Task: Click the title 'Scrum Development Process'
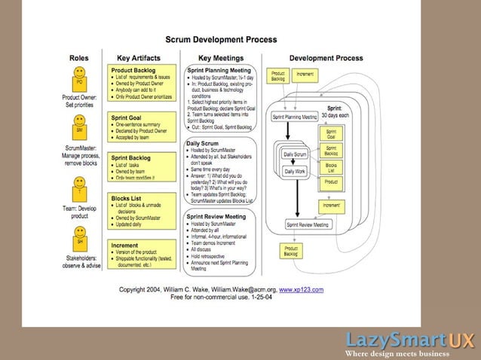tap(220, 39)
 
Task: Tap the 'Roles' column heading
tap(78, 58)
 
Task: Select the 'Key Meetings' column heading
tap(220, 58)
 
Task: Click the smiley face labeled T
tap(78, 182)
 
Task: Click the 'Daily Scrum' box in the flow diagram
tap(295, 154)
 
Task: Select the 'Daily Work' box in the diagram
tap(295, 172)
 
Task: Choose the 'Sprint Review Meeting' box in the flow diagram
tap(307, 224)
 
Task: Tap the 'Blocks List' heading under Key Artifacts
tap(129, 198)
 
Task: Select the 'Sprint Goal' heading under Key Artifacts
tap(129, 118)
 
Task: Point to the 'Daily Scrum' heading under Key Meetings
tap(204, 142)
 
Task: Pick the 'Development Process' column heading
tap(326, 58)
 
